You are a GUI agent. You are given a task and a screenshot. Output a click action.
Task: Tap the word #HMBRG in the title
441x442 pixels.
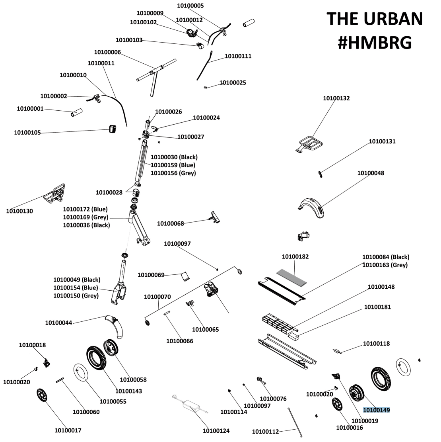point(375,43)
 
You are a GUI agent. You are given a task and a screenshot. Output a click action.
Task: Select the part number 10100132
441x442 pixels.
point(336,98)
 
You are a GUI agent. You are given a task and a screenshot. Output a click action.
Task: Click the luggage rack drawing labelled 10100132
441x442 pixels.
point(311,144)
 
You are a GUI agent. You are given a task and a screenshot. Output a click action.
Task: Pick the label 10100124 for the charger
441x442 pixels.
point(216,431)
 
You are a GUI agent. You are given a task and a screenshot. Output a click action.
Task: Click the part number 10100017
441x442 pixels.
point(68,430)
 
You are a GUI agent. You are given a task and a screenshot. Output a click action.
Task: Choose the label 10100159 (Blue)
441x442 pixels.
point(173,165)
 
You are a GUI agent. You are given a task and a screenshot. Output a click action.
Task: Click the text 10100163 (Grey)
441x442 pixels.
point(385,265)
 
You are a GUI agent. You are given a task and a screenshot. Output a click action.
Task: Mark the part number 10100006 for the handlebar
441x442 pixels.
point(107,53)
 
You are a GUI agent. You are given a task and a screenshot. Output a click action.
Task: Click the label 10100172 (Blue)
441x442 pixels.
point(85,209)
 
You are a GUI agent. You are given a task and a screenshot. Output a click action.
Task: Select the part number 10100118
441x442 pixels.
point(376,344)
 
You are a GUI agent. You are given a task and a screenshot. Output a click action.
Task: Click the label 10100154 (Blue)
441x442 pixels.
point(76,287)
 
